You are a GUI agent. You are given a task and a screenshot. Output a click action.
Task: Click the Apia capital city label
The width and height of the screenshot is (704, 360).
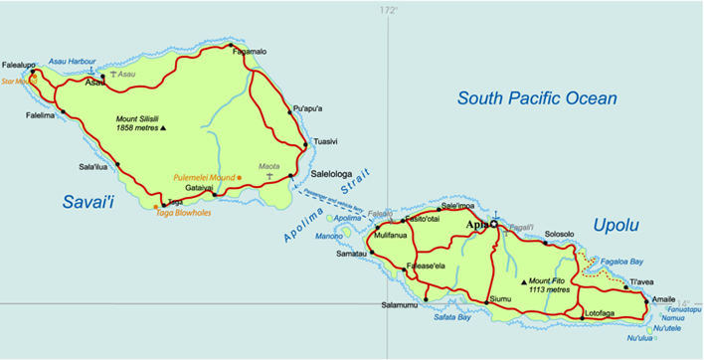coord(476,226)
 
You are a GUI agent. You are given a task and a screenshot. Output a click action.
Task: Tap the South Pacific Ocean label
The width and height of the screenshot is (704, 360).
coord(537,97)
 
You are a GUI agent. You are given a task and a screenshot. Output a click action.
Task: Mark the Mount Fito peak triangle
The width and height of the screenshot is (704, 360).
coord(524,281)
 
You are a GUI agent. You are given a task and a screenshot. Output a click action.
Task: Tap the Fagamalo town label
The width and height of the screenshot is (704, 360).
coord(249,52)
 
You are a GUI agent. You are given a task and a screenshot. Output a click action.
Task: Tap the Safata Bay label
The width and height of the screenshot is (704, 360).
coord(452,318)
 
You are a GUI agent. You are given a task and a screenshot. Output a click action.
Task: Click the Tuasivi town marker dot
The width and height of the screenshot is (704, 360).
coord(304,144)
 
